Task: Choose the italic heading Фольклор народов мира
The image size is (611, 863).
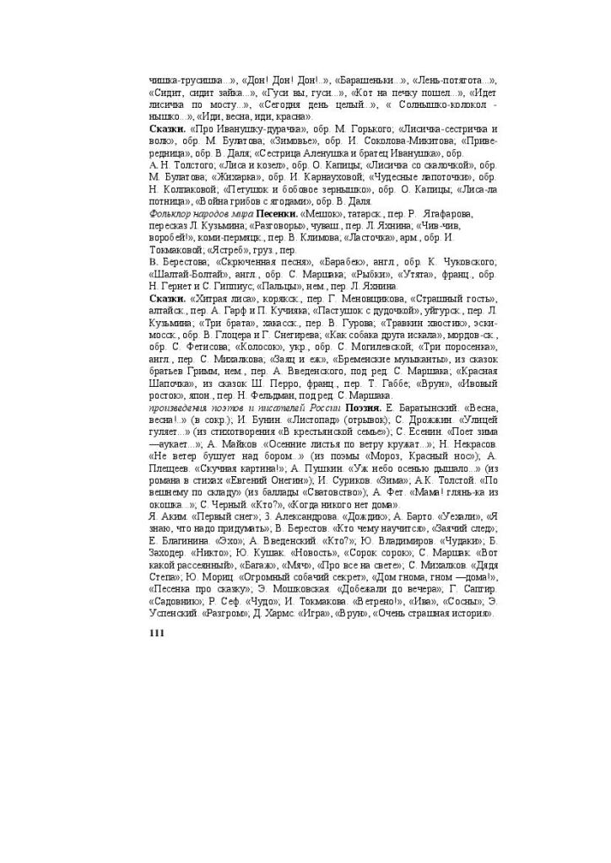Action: point(192,215)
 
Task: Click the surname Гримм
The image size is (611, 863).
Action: point(221,372)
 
